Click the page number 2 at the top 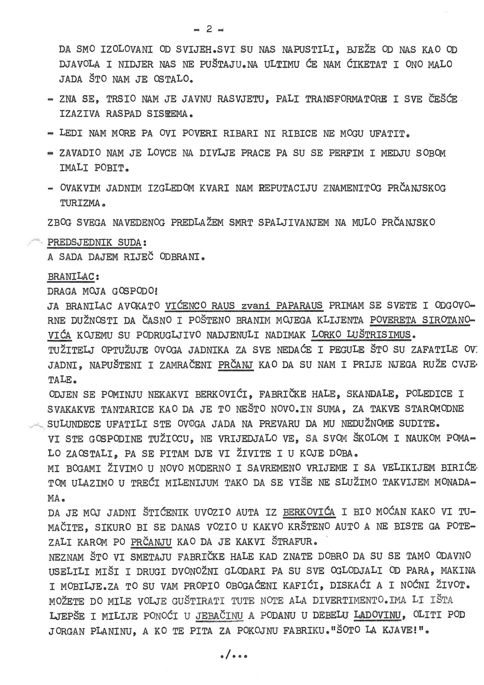click(x=209, y=29)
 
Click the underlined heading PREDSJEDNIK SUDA click(x=94, y=242)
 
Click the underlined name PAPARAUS click(x=299, y=306)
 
